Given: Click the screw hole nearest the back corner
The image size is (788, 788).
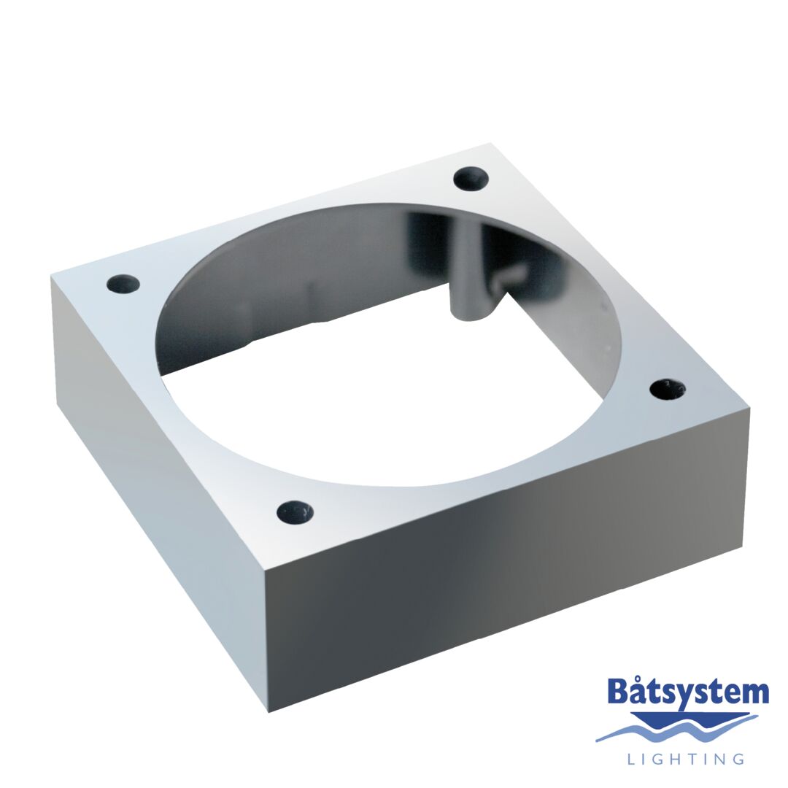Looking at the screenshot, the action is (x=471, y=178).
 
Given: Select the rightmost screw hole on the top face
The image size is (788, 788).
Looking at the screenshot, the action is (x=668, y=389).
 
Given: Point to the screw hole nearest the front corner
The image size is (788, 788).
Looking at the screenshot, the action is (x=295, y=512).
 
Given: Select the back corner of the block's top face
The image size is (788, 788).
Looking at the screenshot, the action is (x=490, y=144).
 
